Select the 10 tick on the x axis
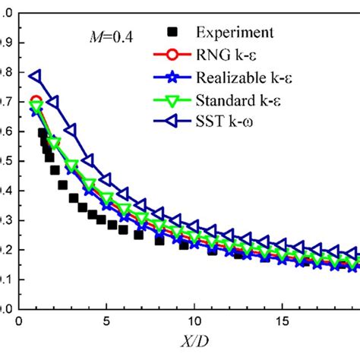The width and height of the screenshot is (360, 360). (194, 322)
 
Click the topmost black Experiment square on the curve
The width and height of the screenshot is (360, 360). (43, 133)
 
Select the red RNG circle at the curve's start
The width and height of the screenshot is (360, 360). (36, 102)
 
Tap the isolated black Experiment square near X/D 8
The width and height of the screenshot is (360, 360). (159, 240)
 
